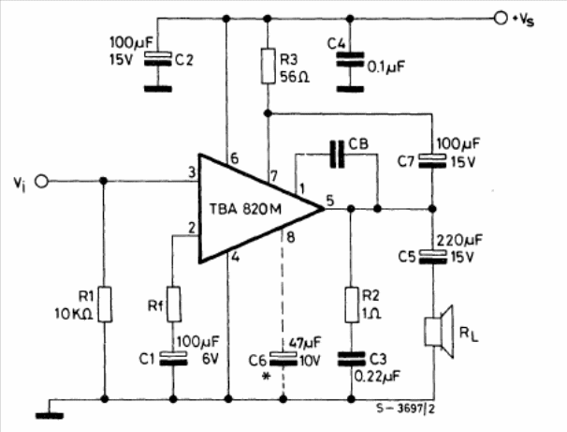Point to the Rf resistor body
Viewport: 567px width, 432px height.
pyautogui.click(x=173, y=305)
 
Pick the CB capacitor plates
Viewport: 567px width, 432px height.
pyautogui.click(x=337, y=156)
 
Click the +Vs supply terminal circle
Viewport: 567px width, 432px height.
pyautogui.click(x=502, y=18)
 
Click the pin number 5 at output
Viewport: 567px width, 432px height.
pyautogui.click(x=329, y=199)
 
